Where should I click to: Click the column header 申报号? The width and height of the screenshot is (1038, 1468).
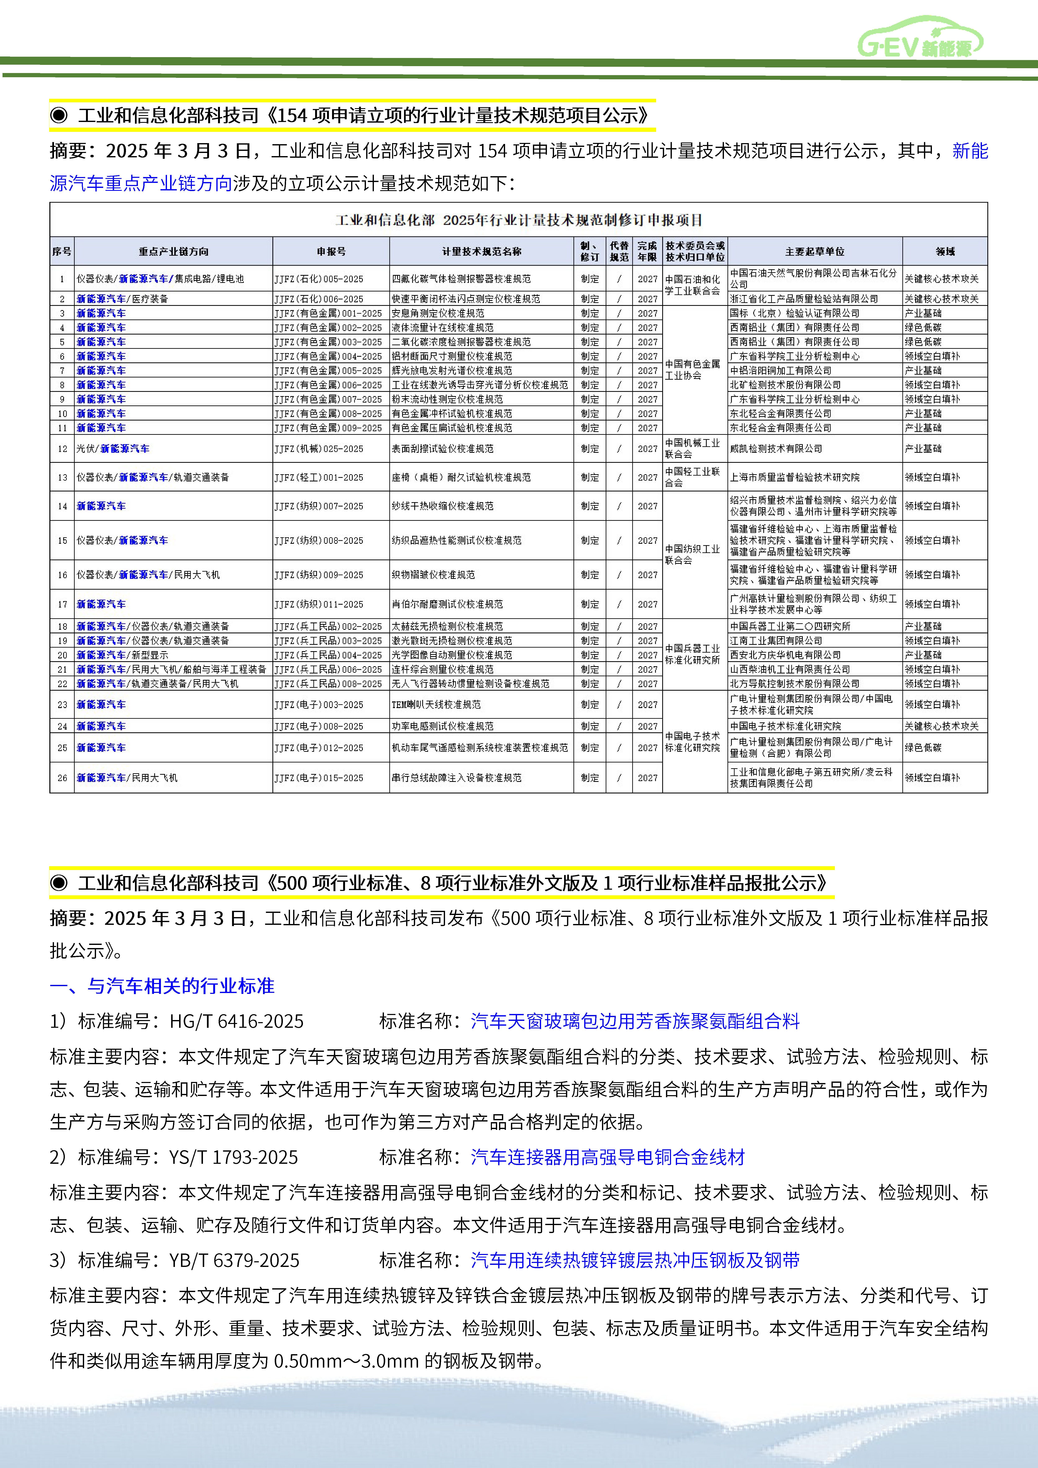(x=331, y=251)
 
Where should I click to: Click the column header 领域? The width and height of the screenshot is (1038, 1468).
(x=945, y=251)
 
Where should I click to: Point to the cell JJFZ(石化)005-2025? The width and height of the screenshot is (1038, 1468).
(x=318, y=279)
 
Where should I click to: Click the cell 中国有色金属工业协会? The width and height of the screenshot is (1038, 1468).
(x=693, y=370)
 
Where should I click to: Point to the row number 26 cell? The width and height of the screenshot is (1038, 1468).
(x=62, y=778)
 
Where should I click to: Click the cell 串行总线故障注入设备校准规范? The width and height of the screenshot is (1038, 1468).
(x=457, y=778)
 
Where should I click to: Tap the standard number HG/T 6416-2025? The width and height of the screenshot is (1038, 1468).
(x=236, y=1021)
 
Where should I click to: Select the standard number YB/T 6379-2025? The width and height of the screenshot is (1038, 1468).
(x=234, y=1260)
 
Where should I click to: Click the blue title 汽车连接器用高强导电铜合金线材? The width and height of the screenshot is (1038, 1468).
(x=608, y=1157)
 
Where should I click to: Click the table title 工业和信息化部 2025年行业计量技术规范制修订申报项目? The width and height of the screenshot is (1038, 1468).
(x=519, y=220)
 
